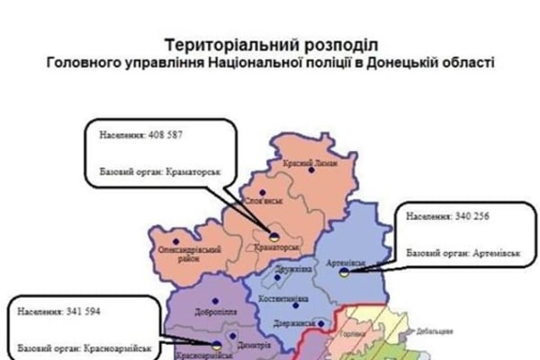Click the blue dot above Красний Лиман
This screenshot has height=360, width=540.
tap(311, 170)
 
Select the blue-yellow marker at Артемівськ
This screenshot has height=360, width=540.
tap(341, 274)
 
